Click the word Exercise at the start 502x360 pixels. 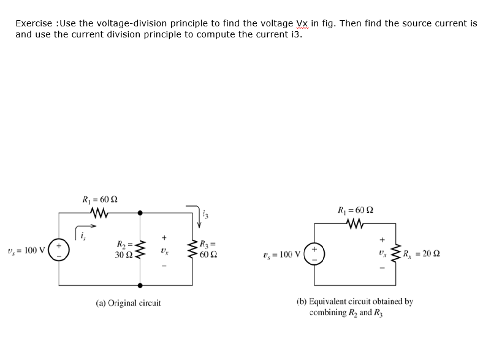(34, 23)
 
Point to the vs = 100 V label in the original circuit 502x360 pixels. (23, 250)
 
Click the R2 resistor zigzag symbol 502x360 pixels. (141, 250)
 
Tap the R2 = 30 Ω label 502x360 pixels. (124, 250)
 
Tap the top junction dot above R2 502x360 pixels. (141, 213)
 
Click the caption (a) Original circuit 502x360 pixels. (128, 303)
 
